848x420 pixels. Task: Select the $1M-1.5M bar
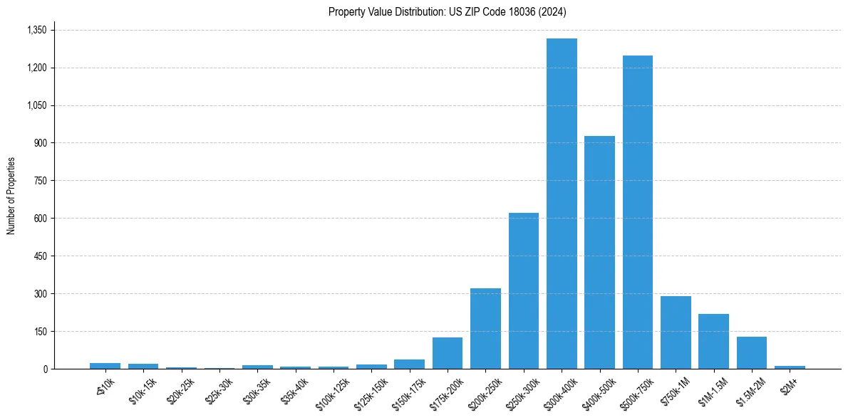(x=713, y=342)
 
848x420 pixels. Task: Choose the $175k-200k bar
(x=448, y=353)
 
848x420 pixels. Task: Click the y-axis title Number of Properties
(x=11, y=196)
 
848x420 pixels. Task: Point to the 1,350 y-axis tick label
(x=36, y=30)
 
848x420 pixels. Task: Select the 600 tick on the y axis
(x=40, y=219)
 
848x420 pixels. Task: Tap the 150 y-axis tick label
(x=40, y=332)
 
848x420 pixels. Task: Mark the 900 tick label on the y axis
(x=40, y=143)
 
